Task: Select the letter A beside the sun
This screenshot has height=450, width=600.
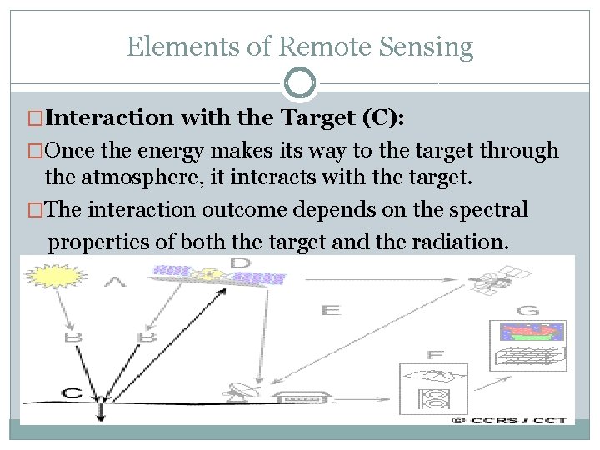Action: click(117, 283)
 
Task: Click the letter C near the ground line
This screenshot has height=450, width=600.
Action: click(72, 392)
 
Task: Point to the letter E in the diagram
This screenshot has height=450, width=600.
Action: click(331, 310)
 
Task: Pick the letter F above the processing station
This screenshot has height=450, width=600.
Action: click(435, 355)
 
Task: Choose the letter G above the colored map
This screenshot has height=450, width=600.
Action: click(527, 311)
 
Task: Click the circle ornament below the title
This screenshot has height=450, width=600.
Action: click(300, 83)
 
